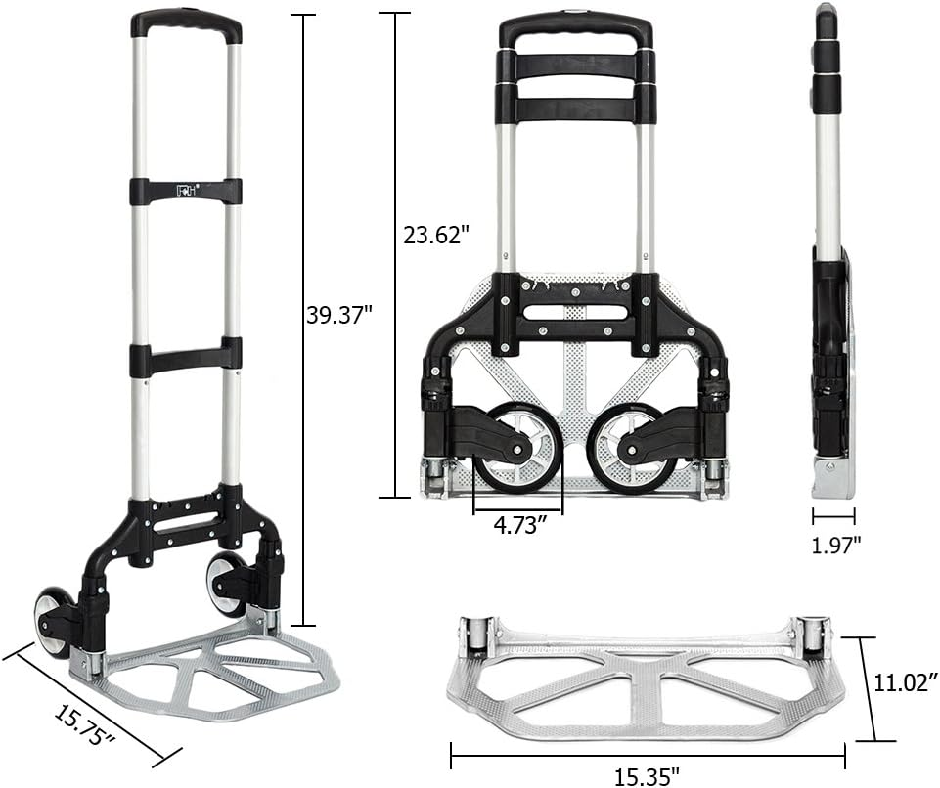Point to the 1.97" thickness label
coord(836,545)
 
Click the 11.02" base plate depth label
coord(905,681)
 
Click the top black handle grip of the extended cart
coord(186,23)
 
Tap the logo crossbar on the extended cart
coord(186,191)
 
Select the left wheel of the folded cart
coord(517,447)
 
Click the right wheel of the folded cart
coord(632,447)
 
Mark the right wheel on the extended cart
coord(224,585)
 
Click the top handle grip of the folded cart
coord(575,29)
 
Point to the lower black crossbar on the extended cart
coord(186,357)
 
